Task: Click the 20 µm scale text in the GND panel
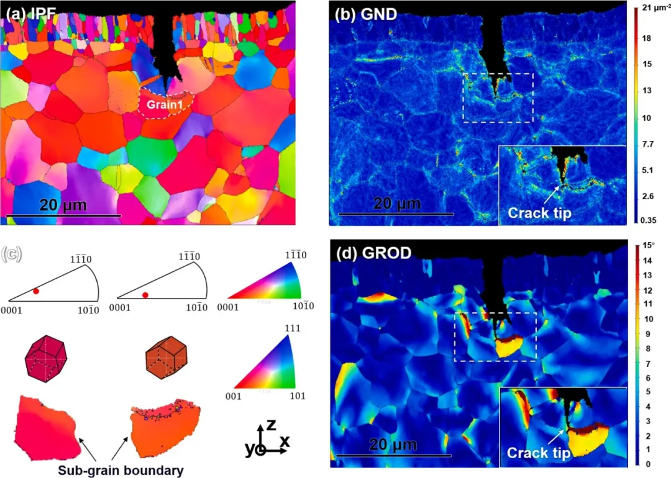click(x=396, y=204)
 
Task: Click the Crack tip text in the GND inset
click(x=539, y=213)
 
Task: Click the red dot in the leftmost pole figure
click(x=36, y=291)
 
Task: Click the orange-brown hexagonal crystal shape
click(x=164, y=358)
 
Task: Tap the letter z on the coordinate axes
click(x=271, y=425)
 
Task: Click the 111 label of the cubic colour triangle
click(x=289, y=330)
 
